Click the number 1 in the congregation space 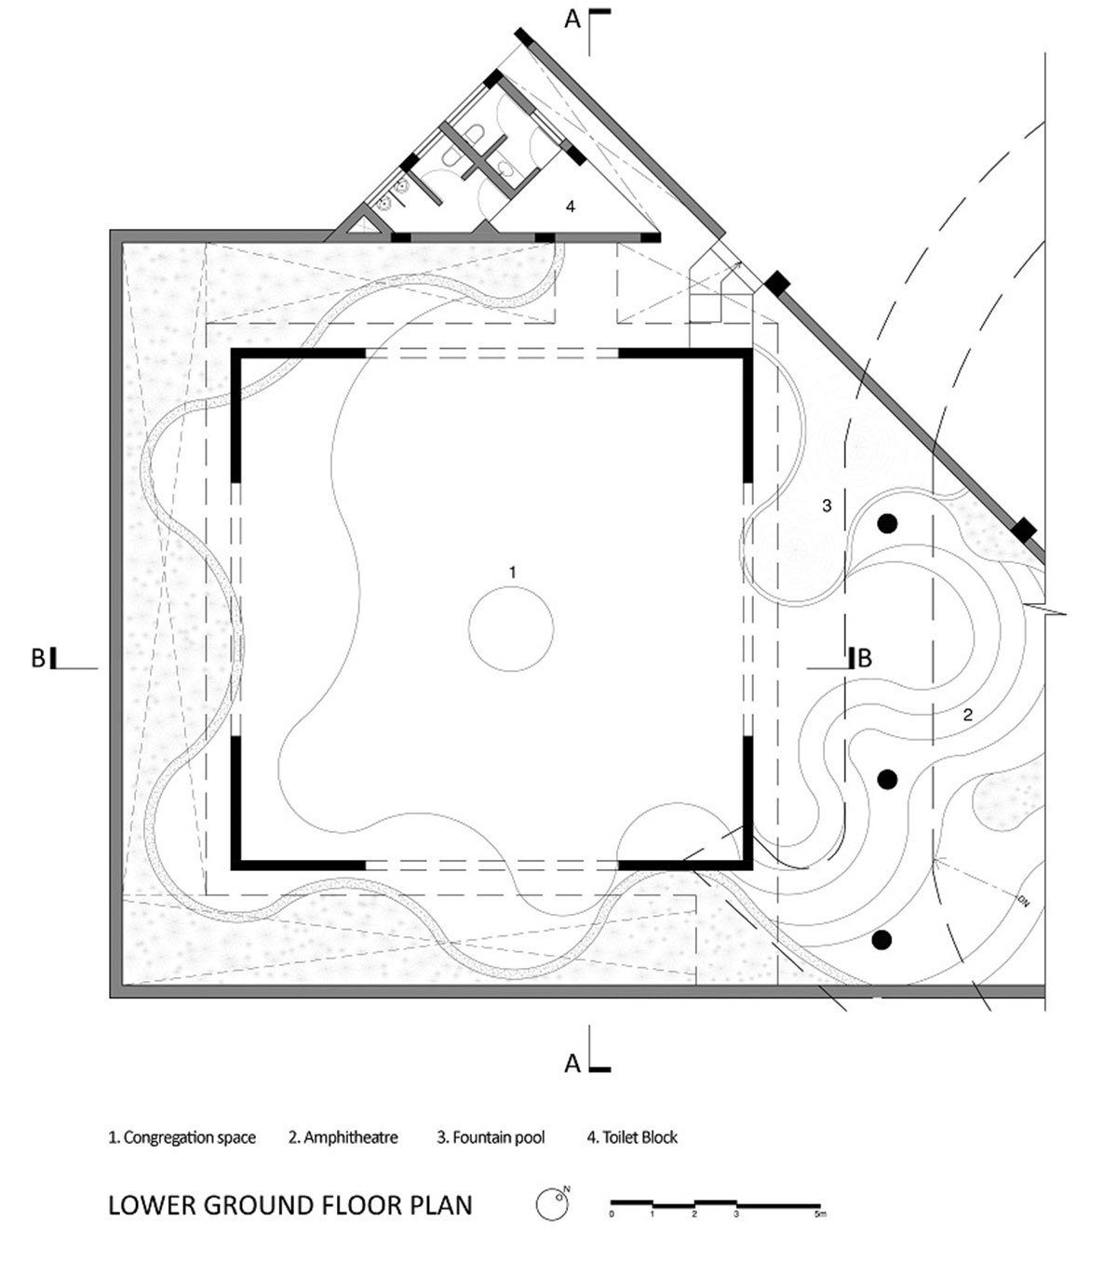[x=513, y=571]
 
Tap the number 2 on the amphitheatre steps [x=967, y=715]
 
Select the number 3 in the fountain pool [x=827, y=505]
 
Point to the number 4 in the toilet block [x=570, y=207]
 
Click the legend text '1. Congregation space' [x=182, y=1137]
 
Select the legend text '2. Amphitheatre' [x=343, y=1137]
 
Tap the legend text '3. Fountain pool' [x=491, y=1137]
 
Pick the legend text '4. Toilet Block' [x=632, y=1137]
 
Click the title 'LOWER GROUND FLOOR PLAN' [x=290, y=1204]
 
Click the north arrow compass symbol [x=552, y=1204]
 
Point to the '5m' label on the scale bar [x=820, y=1214]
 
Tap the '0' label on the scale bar [x=612, y=1214]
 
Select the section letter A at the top [x=572, y=20]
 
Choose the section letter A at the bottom [x=572, y=1064]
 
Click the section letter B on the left [x=38, y=658]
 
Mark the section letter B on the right [x=865, y=658]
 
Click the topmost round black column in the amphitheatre [x=887, y=524]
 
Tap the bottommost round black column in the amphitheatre [x=881, y=940]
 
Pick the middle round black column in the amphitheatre [x=887, y=779]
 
